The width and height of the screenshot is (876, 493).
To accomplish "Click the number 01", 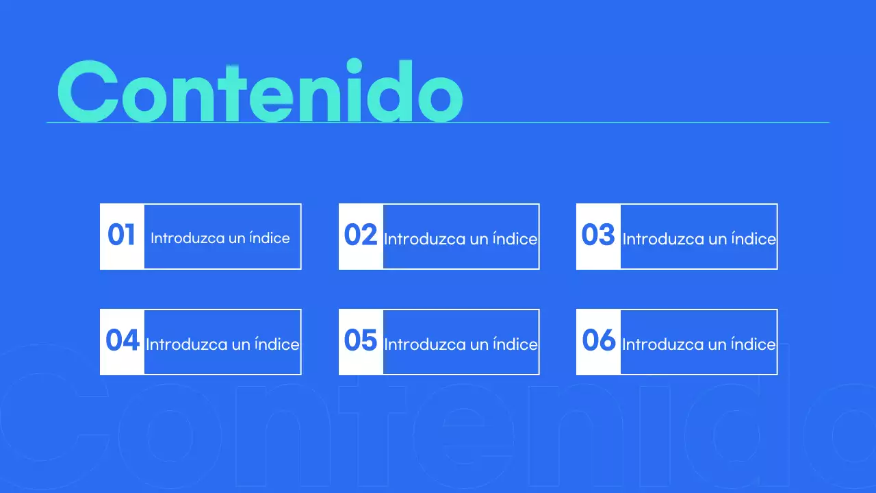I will pyautogui.click(x=122, y=235).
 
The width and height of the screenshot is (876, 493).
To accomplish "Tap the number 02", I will pyautogui.click(x=361, y=235).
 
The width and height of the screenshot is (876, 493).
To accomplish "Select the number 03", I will pyautogui.click(x=598, y=235).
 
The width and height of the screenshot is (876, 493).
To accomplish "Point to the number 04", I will pyautogui.click(x=123, y=340).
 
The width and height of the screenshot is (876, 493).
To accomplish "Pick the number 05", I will pyautogui.click(x=361, y=340).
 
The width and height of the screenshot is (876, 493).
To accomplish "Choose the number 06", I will pyautogui.click(x=599, y=340).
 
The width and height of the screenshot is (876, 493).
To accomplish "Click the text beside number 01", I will pyautogui.click(x=220, y=238).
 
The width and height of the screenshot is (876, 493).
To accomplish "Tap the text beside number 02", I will pyautogui.click(x=461, y=239).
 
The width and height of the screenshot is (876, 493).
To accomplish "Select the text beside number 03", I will pyautogui.click(x=699, y=239).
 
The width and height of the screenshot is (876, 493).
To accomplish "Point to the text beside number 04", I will pyautogui.click(x=222, y=344).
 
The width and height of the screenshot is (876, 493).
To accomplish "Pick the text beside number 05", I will pyautogui.click(x=461, y=344).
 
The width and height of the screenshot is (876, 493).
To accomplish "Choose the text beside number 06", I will pyautogui.click(x=699, y=344).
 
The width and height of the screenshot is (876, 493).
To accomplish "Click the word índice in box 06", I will pyautogui.click(x=753, y=344).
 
